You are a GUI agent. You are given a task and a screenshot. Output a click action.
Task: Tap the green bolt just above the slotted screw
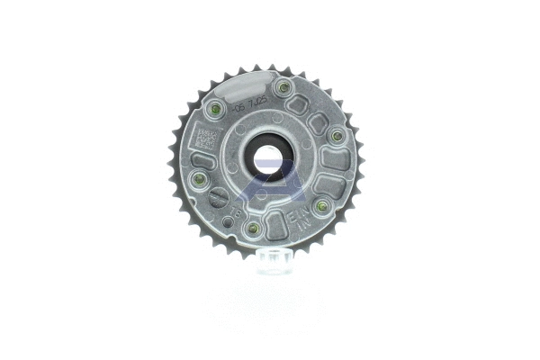pyautogui.click(x=200, y=177)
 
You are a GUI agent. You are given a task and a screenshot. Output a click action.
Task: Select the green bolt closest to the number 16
pyautogui.click(x=254, y=228)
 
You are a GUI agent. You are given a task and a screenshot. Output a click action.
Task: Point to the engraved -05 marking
pyautogui.click(x=239, y=107)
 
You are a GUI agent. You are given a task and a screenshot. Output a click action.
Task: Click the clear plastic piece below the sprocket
pyautogui.click(x=271, y=262)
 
